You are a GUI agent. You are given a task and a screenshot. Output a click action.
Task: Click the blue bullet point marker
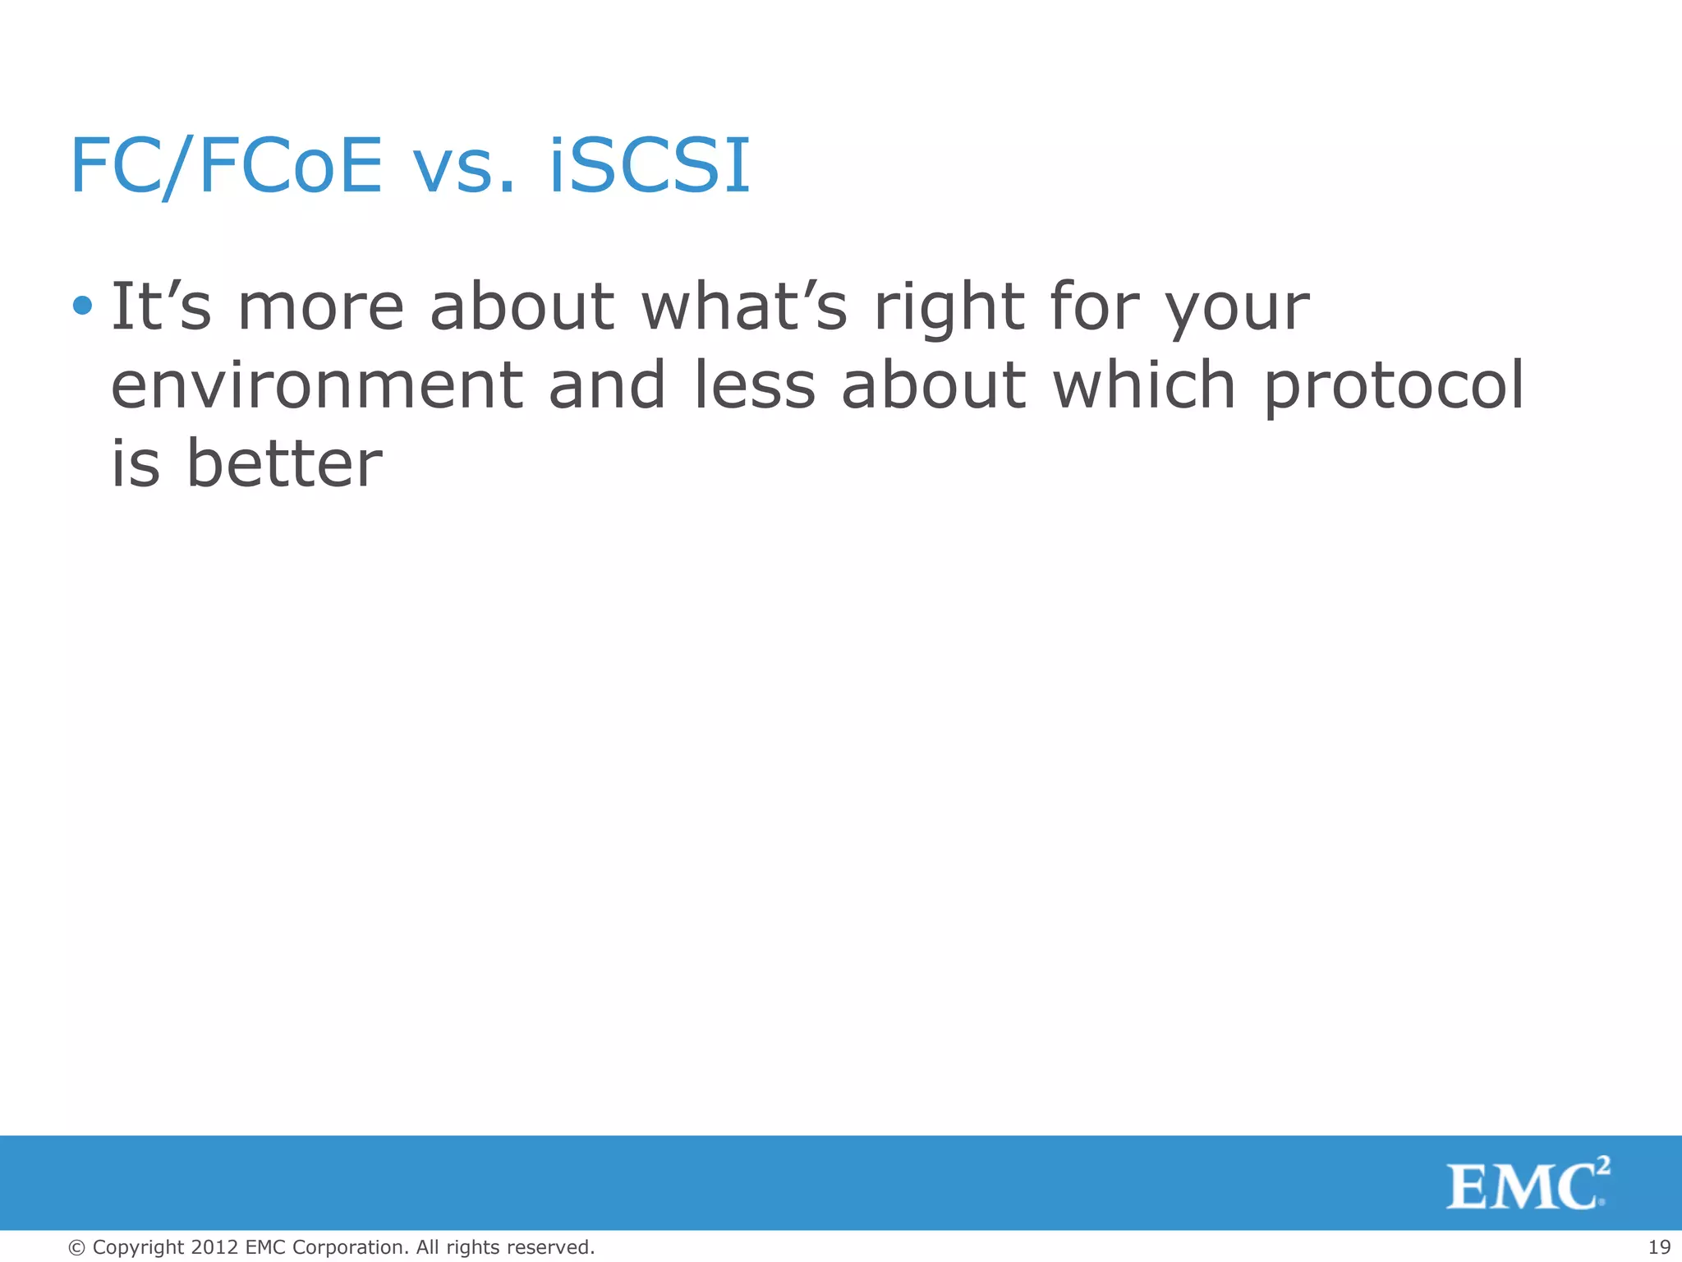coord(82,306)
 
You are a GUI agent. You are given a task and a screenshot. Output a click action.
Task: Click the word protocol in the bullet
coord(1393,386)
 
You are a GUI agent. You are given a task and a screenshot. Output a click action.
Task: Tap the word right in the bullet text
coord(949,307)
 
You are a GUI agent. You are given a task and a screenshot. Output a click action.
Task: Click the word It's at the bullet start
coord(161,306)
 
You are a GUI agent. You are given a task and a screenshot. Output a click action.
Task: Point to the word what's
coord(743,306)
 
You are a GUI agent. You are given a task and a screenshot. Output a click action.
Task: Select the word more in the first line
coord(320,307)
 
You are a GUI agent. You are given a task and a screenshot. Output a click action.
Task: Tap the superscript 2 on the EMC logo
coord(1603,1165)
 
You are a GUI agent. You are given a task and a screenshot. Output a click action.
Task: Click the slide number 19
coord(1659,1247)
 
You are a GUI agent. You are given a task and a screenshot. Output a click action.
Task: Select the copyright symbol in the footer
coord(76,1247)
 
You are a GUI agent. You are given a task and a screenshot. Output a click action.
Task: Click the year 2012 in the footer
coord(214,1247)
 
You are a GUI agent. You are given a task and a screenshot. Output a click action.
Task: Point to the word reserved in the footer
coord(550,1247)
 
